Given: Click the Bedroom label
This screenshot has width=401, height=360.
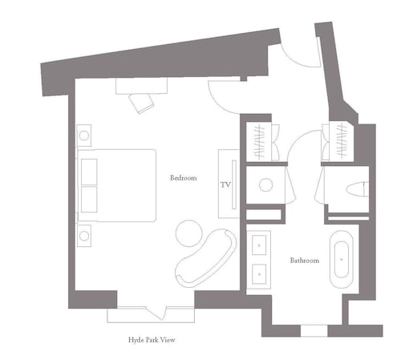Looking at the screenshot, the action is [184, 178].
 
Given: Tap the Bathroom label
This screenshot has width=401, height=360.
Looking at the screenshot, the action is [305, 260].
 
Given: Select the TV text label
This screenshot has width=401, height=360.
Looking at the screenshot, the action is [225, 184].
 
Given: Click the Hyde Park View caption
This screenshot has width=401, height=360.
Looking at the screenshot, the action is [152, 340].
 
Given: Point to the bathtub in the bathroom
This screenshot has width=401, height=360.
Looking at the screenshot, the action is [342, 259].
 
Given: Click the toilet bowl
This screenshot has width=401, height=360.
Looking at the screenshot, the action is [357, 189].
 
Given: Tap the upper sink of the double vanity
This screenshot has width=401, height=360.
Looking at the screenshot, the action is [259, 245].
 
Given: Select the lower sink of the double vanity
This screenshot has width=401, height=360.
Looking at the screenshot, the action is [259, 274].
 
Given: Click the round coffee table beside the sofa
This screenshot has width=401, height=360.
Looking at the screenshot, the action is [189, 233].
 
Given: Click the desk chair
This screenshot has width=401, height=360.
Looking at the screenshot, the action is [141, 103].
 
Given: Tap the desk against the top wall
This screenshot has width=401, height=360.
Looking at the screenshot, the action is [141, 86].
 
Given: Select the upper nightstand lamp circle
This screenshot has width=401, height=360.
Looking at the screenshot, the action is [84, 136].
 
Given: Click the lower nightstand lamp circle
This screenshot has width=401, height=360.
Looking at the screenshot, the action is [84, 236].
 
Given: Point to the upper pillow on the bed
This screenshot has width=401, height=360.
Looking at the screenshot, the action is [89, 172].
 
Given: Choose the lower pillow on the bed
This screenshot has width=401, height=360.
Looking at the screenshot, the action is [89, 200].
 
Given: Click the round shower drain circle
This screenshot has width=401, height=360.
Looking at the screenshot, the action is [266, 184].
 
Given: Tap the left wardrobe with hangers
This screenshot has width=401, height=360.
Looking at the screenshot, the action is [259, 142].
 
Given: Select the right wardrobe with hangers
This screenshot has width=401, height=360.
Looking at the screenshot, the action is [342, 142].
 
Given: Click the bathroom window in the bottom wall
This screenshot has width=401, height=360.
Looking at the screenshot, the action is [314, 330].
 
